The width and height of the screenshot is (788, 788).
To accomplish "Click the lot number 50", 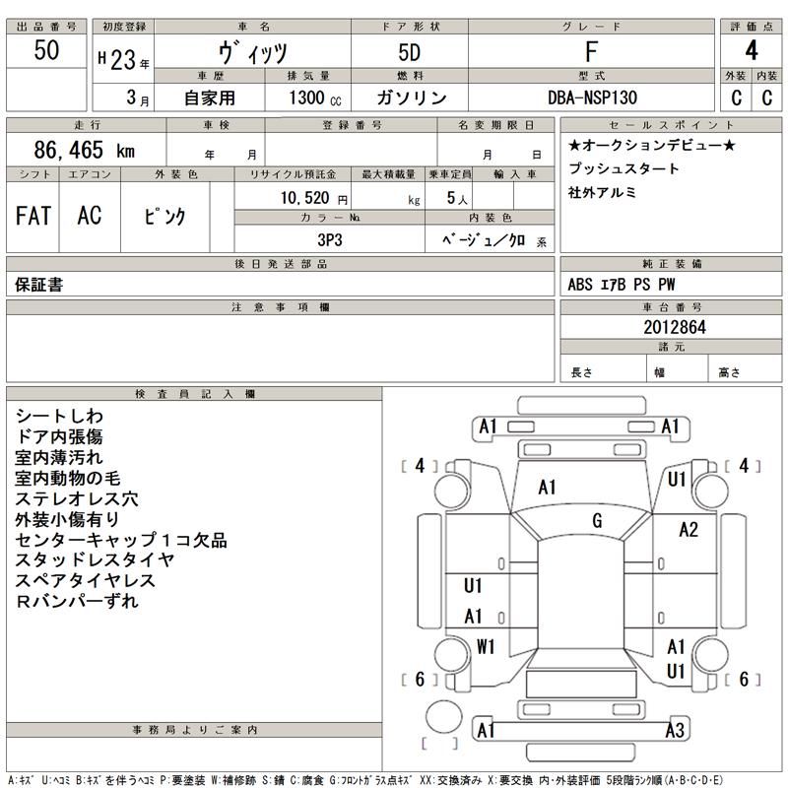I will (45, 52).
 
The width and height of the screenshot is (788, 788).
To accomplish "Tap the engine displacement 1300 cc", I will (316, 98).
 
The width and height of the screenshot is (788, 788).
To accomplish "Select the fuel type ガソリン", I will (412, 98).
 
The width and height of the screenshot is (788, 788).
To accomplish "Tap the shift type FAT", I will (33, 216).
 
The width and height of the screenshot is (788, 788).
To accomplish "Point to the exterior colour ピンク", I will (164, 217).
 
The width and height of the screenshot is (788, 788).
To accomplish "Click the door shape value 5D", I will (412, 52).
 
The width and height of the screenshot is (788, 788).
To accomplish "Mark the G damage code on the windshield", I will (597, 520).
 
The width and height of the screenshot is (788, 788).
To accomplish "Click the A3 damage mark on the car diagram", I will (674, 730).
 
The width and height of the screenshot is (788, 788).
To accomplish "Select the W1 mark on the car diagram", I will (486, 647).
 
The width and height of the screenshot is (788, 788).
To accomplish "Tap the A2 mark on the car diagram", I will (689, 530).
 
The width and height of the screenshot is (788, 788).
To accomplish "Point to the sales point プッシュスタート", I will (624, 168).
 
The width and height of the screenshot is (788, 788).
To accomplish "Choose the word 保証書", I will (40, 285).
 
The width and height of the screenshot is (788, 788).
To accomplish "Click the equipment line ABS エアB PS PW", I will (622, 285).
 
